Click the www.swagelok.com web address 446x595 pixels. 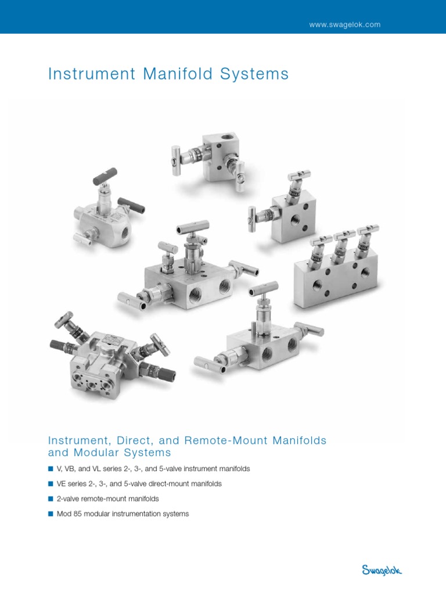tap(345, 25)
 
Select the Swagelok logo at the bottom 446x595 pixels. tap(382, 571)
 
